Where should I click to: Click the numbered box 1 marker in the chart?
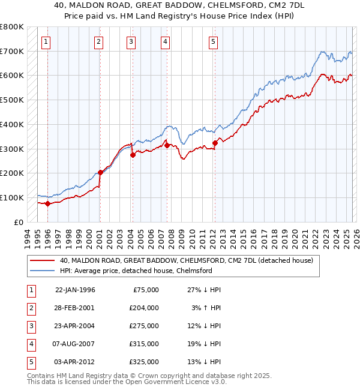[x=46, y=41]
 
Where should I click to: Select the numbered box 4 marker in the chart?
[x=165, y=41]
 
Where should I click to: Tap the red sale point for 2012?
[x=214, y=143]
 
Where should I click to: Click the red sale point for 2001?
[x=100, y=172]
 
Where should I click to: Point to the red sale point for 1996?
[x=47, y=203]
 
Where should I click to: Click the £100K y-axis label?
[x=12, y=197]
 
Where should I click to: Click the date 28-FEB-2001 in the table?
[x=75, y=308]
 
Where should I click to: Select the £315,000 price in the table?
[x=145, y=344]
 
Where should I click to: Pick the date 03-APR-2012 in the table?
[x=75, y=362]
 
